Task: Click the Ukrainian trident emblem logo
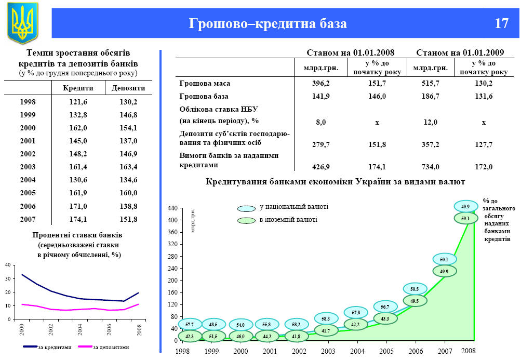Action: [x=23, y=23]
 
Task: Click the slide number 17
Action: [x=501, y=24]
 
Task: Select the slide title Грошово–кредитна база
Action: [x=268, y=24]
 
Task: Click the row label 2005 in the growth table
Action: [x=28, y=193]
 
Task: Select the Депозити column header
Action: [x=128, y=88]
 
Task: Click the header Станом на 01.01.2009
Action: [x=460, y=52]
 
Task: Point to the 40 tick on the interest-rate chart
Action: [x=7, y=265]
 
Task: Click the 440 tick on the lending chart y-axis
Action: [x=172, y=208]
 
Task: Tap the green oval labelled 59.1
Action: [x=465, y=219]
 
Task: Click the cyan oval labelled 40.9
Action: [x=465, y=206]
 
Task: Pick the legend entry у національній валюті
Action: [x=293, y=207]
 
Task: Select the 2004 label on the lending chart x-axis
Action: [x=357, y=351]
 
